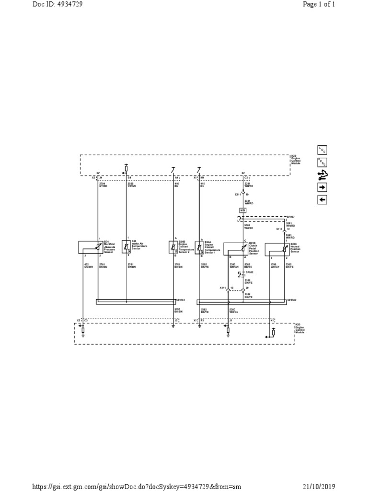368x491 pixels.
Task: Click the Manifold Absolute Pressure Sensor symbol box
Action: coord(89,247)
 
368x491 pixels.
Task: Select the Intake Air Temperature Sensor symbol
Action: coord(126,246)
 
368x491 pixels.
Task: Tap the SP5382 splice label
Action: coord(292,301)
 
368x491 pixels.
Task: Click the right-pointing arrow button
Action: coord(322,187)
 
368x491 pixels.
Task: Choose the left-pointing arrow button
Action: coord(322,199)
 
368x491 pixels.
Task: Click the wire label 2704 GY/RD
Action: coord(103,184)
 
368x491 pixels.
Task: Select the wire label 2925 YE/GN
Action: coord(131,184)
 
